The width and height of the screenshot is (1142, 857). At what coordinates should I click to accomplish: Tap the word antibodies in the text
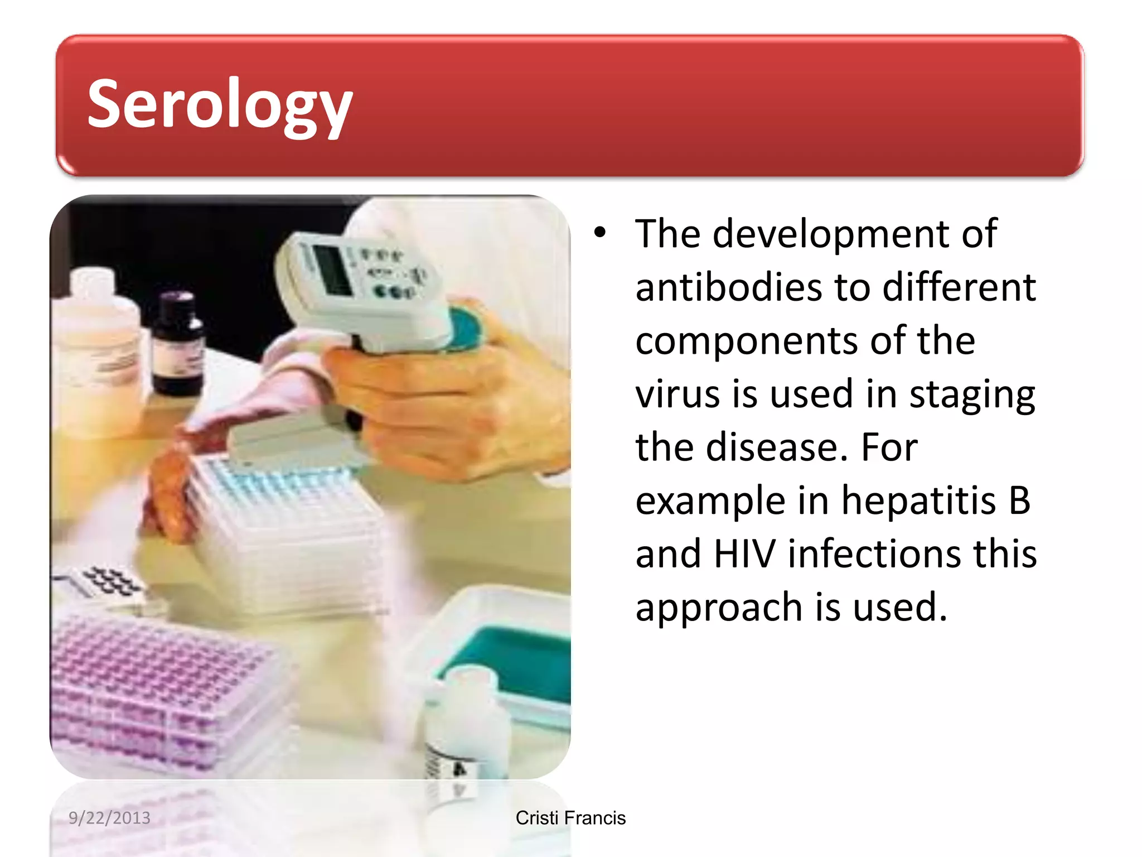click(x=728, y=288)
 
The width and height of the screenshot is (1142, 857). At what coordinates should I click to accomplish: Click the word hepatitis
click(x=918, y=500)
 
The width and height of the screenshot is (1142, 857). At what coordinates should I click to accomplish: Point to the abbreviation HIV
click(x=744, y=554)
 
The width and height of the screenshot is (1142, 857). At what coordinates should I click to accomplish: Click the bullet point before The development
click(x=599, y=232)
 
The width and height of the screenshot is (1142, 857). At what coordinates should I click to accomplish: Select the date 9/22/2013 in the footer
click(x=109, y=818)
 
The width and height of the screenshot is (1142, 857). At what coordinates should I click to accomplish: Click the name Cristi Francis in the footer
click(x=570, y=818)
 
